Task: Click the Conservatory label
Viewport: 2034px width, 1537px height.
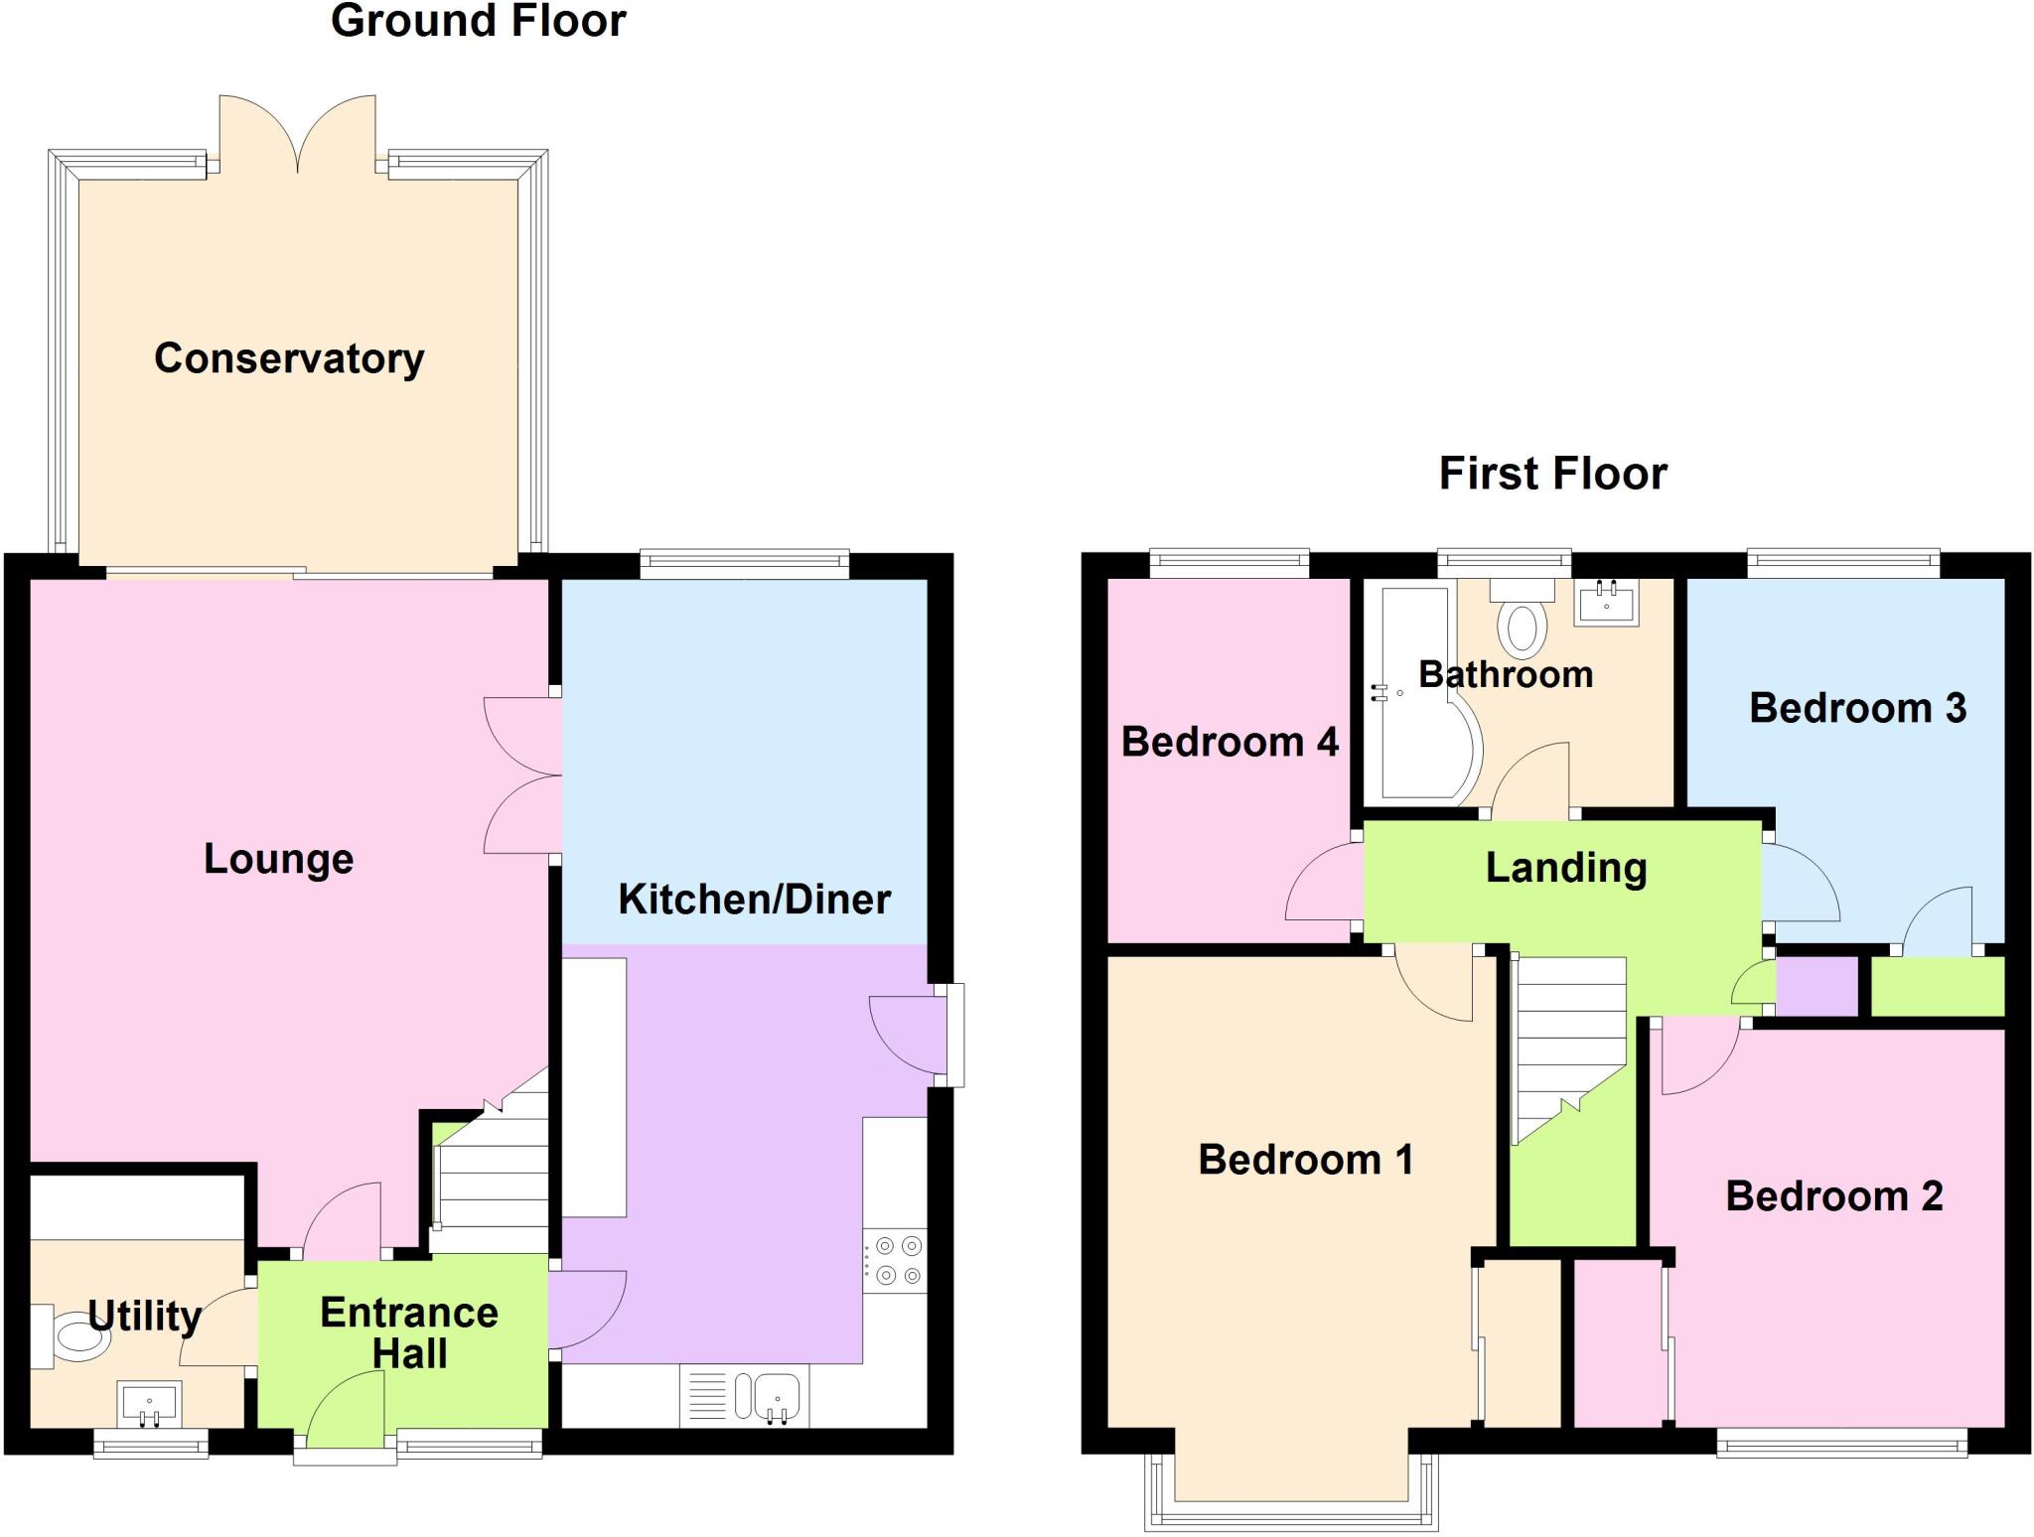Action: [x=289, y=358]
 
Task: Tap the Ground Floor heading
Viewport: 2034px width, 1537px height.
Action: [x=478, y=21]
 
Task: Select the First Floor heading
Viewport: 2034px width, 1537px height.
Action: [x=1552, y=474]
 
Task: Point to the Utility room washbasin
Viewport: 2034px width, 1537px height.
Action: [x=149, y=1404]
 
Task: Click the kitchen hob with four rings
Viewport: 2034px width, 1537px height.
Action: [x=894, y=1261]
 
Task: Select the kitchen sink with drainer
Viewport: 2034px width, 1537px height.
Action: [x=744, y=1396]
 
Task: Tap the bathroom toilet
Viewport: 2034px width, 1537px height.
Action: [x=1521, y=620]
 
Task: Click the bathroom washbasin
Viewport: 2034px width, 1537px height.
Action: [x=1606, y=602]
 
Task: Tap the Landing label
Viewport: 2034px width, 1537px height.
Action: [x=1566, y=868]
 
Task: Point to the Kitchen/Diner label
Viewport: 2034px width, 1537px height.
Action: [x=754, y=900]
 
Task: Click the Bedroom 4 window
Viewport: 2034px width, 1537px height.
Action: [x=1230, y=564]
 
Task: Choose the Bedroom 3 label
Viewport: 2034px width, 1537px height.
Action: [x=1857, y=708]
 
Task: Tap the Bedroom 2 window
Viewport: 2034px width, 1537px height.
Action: [x=1841, y=1442]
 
